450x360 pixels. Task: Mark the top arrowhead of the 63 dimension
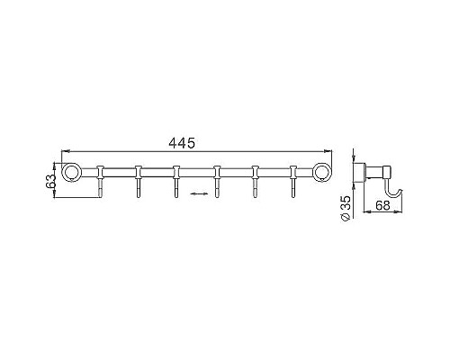58,164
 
